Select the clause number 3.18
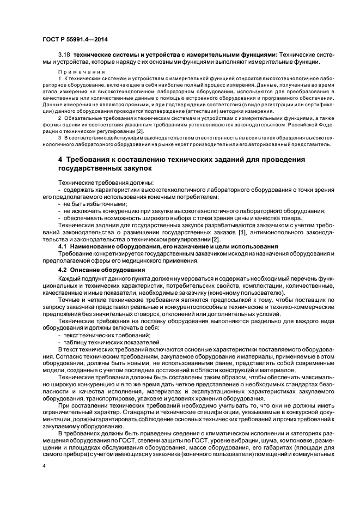(x=64, y=54)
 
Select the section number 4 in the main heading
(x=60, y=159)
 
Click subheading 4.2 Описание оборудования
(x=101, y=270)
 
